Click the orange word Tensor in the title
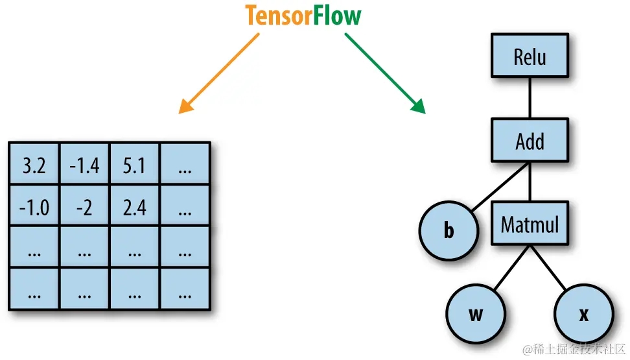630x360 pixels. [279, 16]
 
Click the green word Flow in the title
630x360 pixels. [337, 16]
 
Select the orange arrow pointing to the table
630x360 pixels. [219, 73]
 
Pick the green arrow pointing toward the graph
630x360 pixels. [385, 73]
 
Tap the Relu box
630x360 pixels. [530, 56]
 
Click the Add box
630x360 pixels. [530, 140]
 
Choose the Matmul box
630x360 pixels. [530, 223]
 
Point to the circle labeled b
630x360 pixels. [449, 230]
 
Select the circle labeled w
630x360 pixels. [476, 314]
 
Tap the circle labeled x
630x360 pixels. [584, 314]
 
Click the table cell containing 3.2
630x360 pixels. [34, 164]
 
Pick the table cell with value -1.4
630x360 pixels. [84, 164]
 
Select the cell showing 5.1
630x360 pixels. [135, 164]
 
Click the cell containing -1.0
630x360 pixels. [34, 206]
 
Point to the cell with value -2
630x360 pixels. [84, 206]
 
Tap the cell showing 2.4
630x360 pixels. [135, 206]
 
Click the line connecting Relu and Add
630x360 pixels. [530, 98]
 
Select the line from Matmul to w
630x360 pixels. [511, 267]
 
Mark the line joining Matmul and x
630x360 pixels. [548, 267]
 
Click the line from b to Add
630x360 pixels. [500, 187]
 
